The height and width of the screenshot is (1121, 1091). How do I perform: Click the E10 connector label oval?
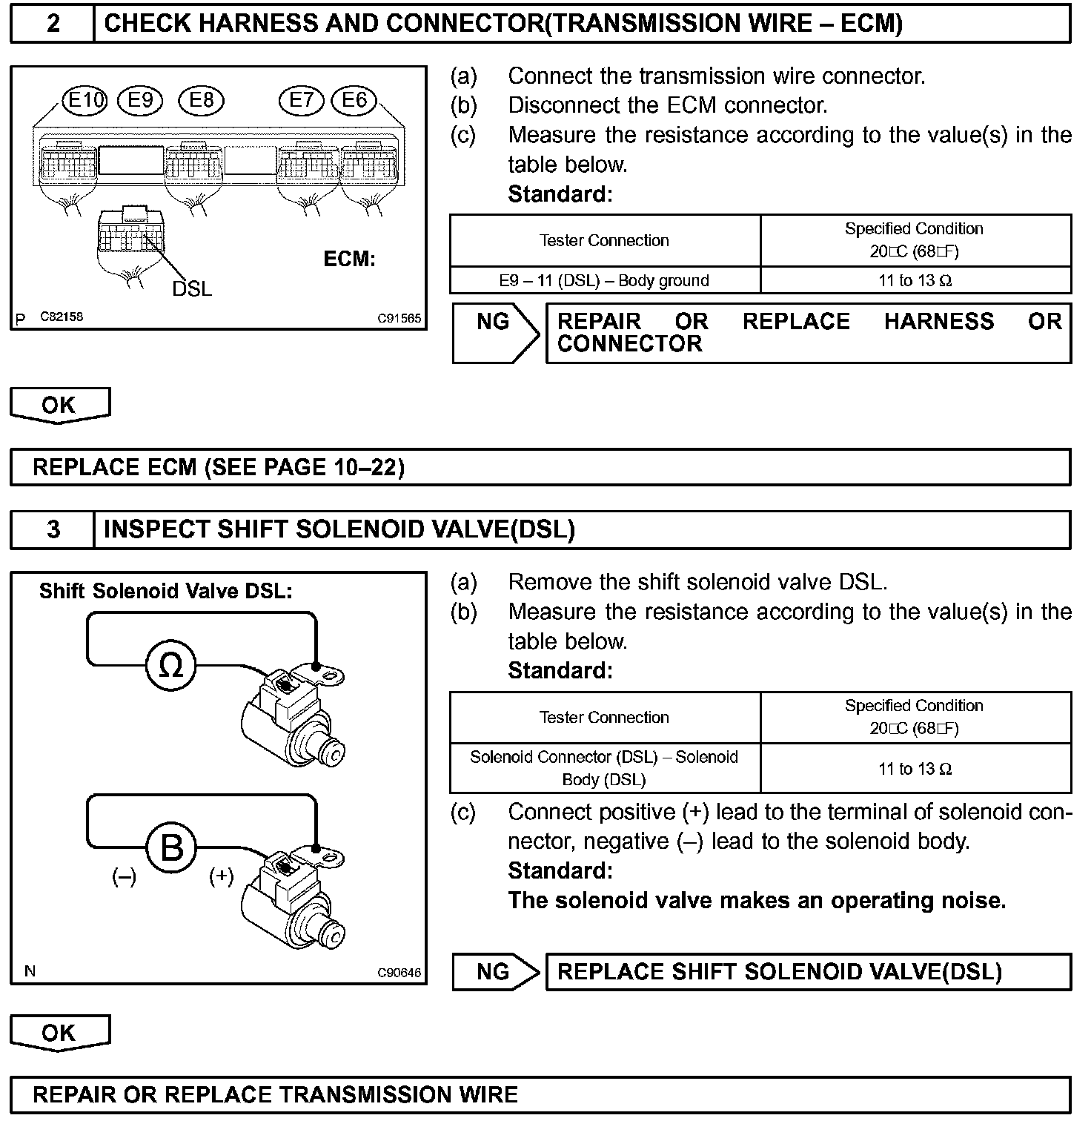pos(85,100)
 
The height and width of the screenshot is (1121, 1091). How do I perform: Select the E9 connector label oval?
pos(140,100)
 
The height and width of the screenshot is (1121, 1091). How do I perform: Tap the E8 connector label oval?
pos(201,100)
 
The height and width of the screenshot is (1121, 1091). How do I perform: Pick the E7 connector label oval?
pos(301,100)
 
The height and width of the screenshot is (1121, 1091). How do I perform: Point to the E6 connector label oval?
pos(354,100)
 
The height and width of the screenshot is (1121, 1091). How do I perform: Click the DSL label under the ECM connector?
pos(192,288)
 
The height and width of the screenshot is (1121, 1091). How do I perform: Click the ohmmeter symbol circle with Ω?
pos(171,665)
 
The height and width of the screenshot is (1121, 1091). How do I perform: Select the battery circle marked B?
pos(171,847)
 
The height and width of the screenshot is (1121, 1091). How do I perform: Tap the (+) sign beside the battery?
pos(221,876)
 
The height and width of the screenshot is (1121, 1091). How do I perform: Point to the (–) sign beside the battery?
pos(124,877)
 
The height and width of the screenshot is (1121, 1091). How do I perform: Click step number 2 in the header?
pos(53,24)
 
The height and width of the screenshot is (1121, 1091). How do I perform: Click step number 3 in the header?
pos(53,529)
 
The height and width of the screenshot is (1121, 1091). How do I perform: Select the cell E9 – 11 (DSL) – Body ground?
pos(604,280)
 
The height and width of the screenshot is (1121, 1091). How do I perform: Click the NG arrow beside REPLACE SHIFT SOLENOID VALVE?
pos(494,972)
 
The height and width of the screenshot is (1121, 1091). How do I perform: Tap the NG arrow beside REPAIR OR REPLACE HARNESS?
pos(494,332)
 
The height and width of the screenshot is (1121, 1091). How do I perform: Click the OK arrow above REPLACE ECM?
pos(59,405)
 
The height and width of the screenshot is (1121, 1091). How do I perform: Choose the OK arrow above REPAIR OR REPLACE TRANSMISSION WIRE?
pos(59,1033)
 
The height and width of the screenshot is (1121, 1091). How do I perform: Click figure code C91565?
pos(399,319)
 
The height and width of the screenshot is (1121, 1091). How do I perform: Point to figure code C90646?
pos(399,973)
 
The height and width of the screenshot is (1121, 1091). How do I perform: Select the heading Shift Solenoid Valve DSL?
pos(166,591)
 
